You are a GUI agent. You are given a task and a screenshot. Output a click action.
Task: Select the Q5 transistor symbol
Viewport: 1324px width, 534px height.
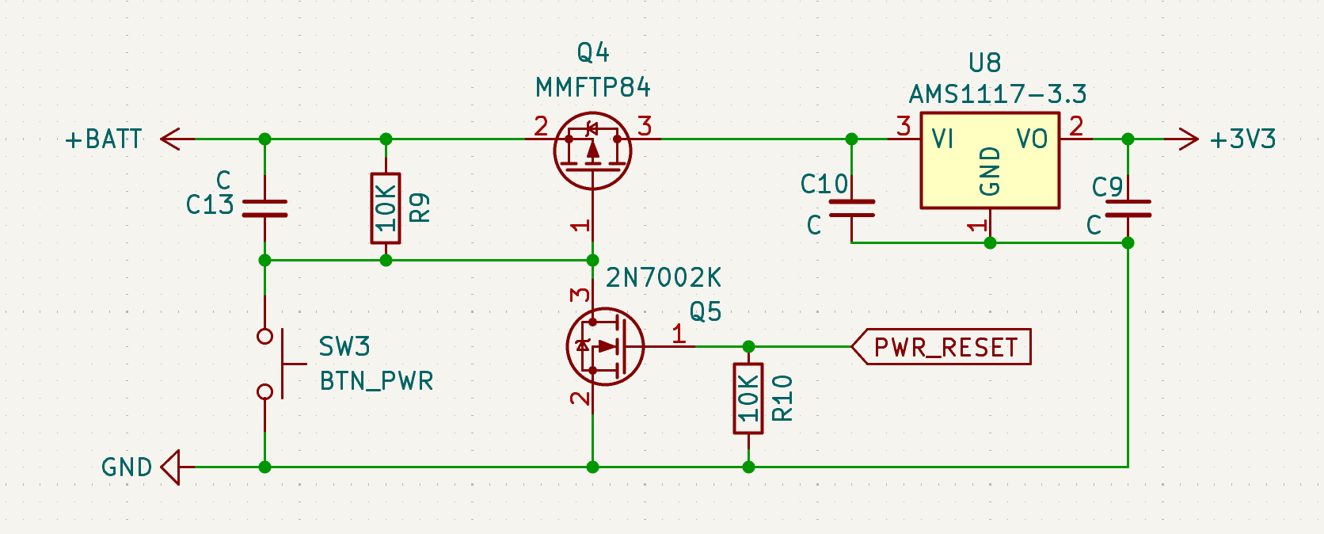click(x=605, y=346)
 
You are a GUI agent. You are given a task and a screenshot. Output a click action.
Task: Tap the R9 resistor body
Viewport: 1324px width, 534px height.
click(x=386, y=208)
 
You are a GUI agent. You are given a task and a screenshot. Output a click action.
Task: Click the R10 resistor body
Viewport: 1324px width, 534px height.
click(x=748, y=399)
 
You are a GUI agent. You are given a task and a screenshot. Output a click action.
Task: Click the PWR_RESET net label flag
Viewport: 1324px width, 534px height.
click(x=942, y=347)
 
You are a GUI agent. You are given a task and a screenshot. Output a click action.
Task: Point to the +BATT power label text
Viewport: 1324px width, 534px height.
click(x=104, y=139)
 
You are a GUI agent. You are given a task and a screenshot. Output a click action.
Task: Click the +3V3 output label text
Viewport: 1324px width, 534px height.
click(x=1242, y=139)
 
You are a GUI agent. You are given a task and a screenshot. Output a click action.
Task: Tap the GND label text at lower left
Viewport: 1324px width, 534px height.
click(x=127, y=467)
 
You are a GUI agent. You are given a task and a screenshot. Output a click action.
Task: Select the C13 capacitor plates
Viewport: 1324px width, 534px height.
click(x=264, y=208)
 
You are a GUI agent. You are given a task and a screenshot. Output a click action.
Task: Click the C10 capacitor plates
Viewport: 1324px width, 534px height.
click(x=851, y=208)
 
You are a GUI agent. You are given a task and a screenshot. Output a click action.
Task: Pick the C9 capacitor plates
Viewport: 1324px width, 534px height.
click(x=1128, y=208)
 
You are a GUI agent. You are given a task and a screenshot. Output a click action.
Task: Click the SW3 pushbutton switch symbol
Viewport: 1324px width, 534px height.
click(x=273, y=364)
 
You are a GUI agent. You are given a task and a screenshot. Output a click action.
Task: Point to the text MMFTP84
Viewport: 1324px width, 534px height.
click(x=593, y=87)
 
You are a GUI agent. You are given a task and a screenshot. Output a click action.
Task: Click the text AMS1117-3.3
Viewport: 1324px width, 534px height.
click(x=997, y=95)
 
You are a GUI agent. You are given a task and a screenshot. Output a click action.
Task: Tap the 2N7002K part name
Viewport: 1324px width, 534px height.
click(x=664, y=278)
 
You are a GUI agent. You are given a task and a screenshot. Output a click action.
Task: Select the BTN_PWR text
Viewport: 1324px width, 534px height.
click(x=376, y=381)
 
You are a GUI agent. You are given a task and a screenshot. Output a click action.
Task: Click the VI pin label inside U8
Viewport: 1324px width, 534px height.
click(x=942, y=139)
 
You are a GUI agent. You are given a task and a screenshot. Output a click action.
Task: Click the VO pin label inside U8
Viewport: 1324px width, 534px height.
click(x=1032, y=139)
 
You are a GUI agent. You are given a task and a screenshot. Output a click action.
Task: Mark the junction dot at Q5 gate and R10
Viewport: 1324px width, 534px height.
click(x=748, y=346)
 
